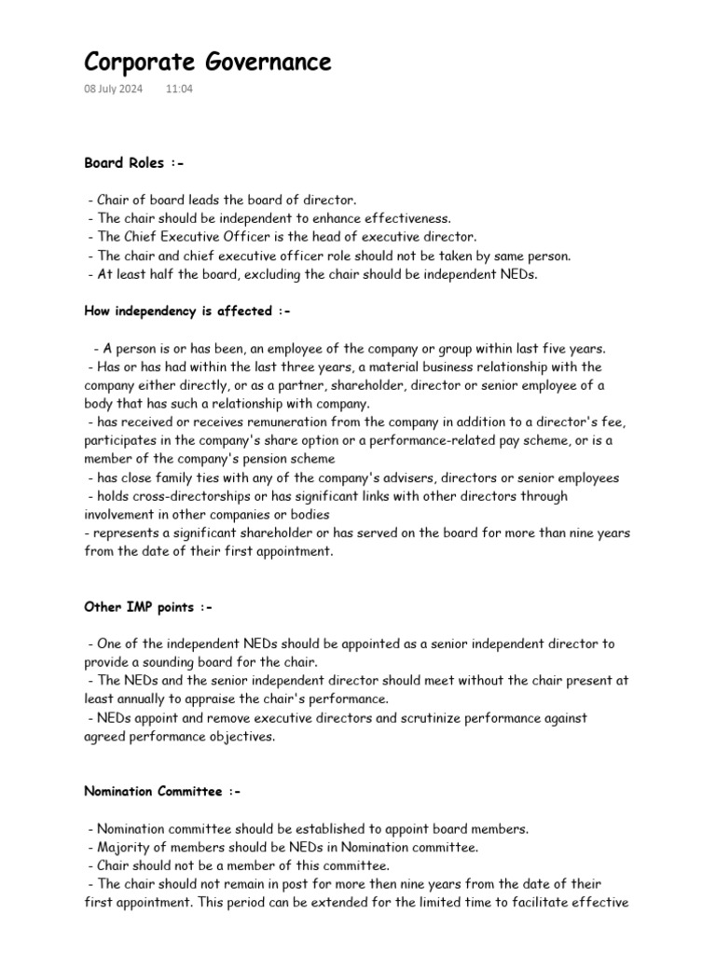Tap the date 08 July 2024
pos(113,90)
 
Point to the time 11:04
pos(179,90)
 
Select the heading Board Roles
pos(134,163)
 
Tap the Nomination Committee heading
pos(162,792)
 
